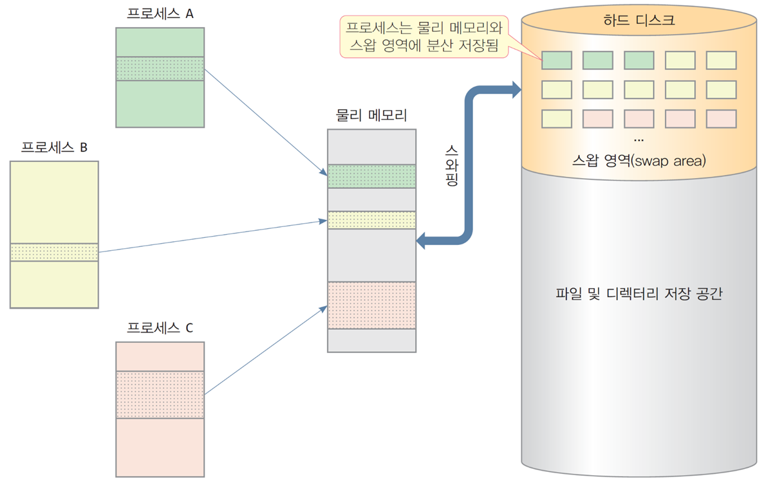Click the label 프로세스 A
[160, 14]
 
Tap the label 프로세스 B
[54, 147]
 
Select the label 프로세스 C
[160, 328]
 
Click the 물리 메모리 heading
[371, 115]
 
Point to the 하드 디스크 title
[639, 21]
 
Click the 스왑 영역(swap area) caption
[639, 161]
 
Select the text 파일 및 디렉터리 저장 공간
[639, 294]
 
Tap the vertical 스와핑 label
[451, 165]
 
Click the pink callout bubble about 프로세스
[424, 37]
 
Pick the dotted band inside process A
[160, 69]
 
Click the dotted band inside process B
[54, 252]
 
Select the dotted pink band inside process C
[160, 395]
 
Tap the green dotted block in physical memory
[372, 176]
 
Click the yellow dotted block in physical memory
[372, 220]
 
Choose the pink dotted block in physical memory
[372, 305]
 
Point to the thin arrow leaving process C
[266, 350]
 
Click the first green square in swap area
[556, 60]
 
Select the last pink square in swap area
[721, 119]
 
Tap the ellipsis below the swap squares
[639, 140]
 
